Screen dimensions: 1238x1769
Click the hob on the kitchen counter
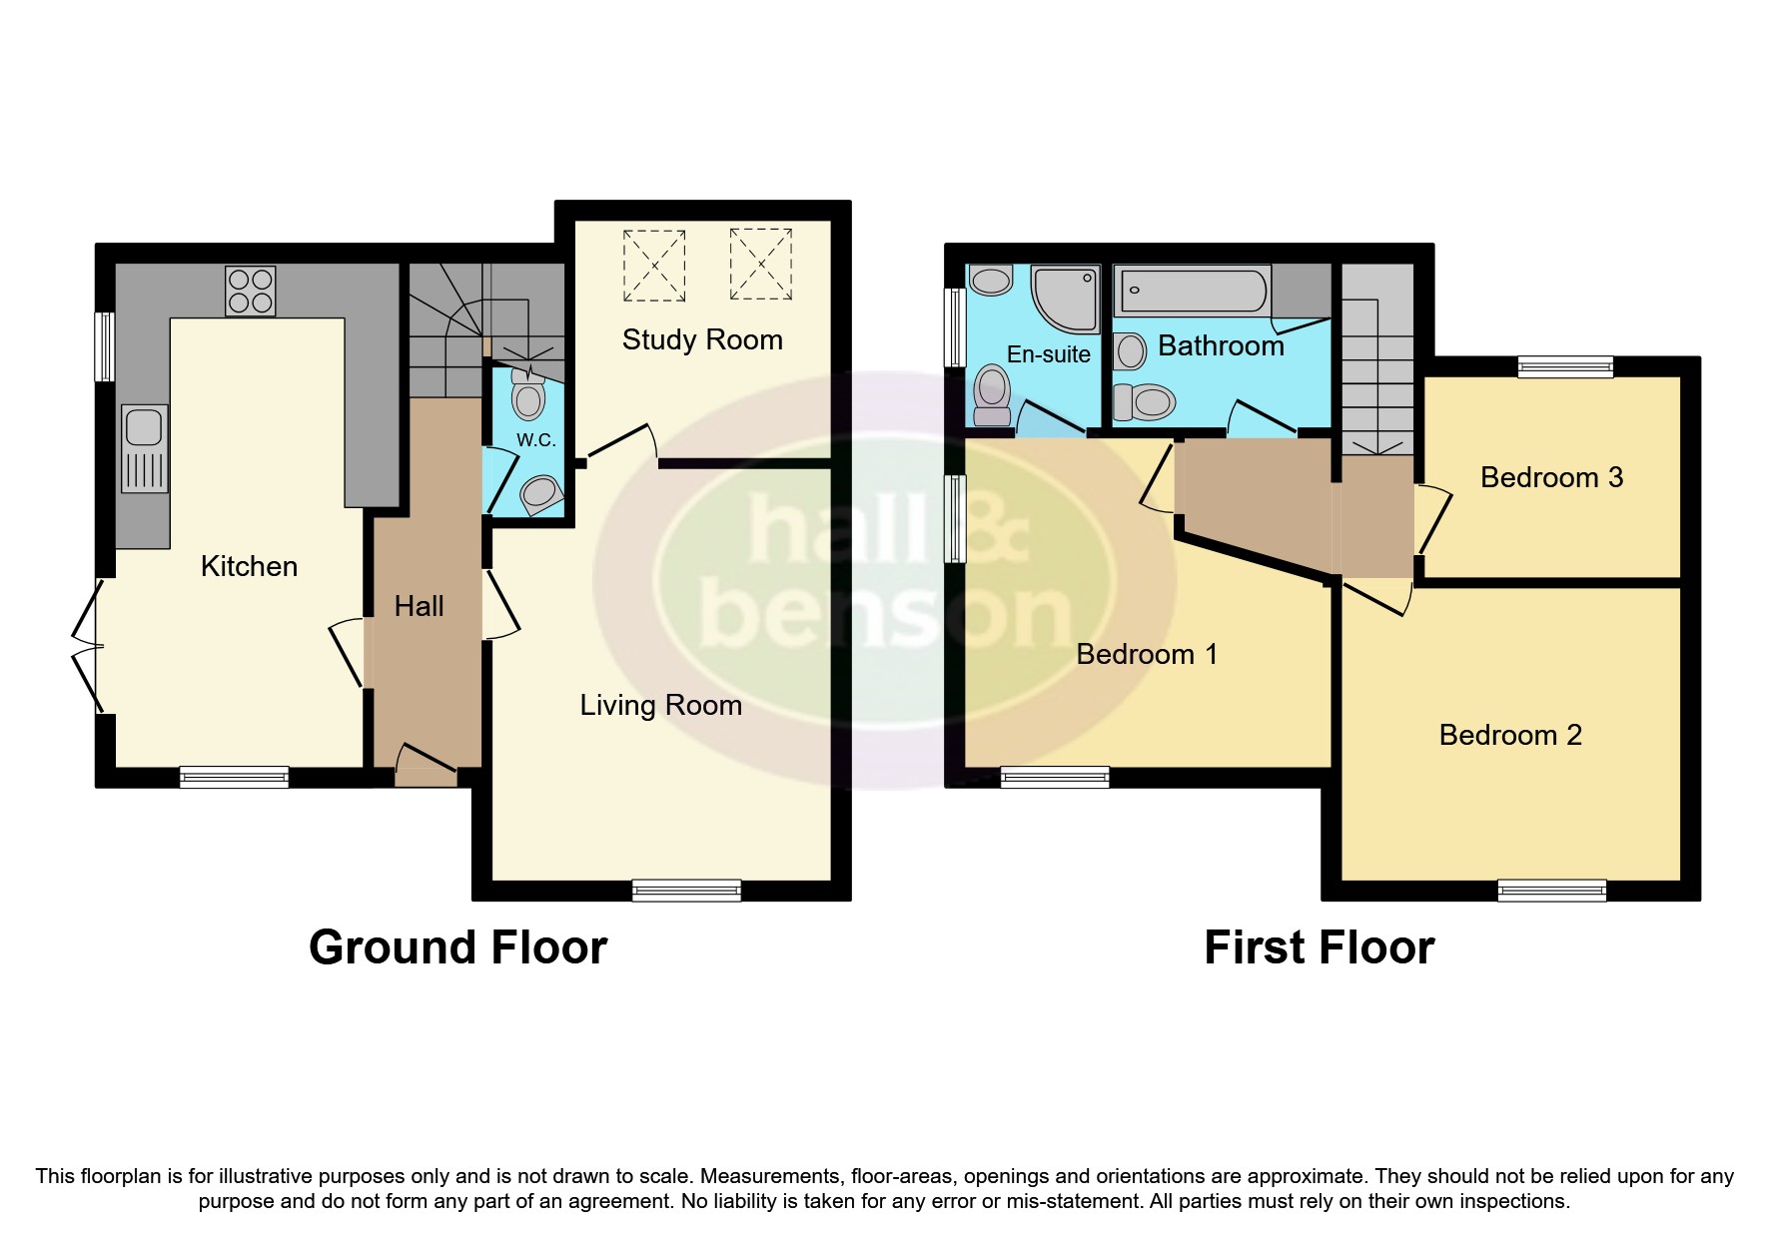pos(250,291)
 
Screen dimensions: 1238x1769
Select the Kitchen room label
pos(249,566)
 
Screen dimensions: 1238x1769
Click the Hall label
pos(419,606)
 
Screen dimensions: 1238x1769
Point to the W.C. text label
pos(535,439)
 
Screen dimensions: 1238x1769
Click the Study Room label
pos(702,339)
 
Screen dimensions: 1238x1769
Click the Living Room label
pos(660,705)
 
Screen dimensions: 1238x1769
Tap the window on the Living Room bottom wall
pos(686,890)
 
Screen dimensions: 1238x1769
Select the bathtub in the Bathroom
pos(1192,291)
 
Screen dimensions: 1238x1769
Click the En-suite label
pos(1048,354)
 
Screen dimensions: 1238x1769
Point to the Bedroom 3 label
pos(1551,477)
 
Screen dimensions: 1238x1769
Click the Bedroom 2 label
pos(1510,735)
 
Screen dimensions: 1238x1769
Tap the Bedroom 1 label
pos(1147,654)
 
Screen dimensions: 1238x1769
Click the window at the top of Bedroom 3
pos(1564,366)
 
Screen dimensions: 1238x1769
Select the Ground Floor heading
pos(457,946)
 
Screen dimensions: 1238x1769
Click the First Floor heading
pos(1319,946)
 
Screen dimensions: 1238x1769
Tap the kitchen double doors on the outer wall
pos(88,645)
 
